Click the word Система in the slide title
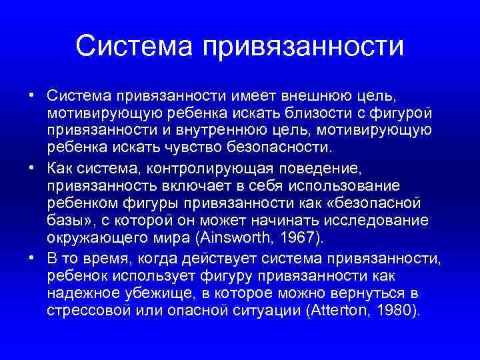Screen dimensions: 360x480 [134, 46]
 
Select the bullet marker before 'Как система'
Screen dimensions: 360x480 [32, 168]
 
